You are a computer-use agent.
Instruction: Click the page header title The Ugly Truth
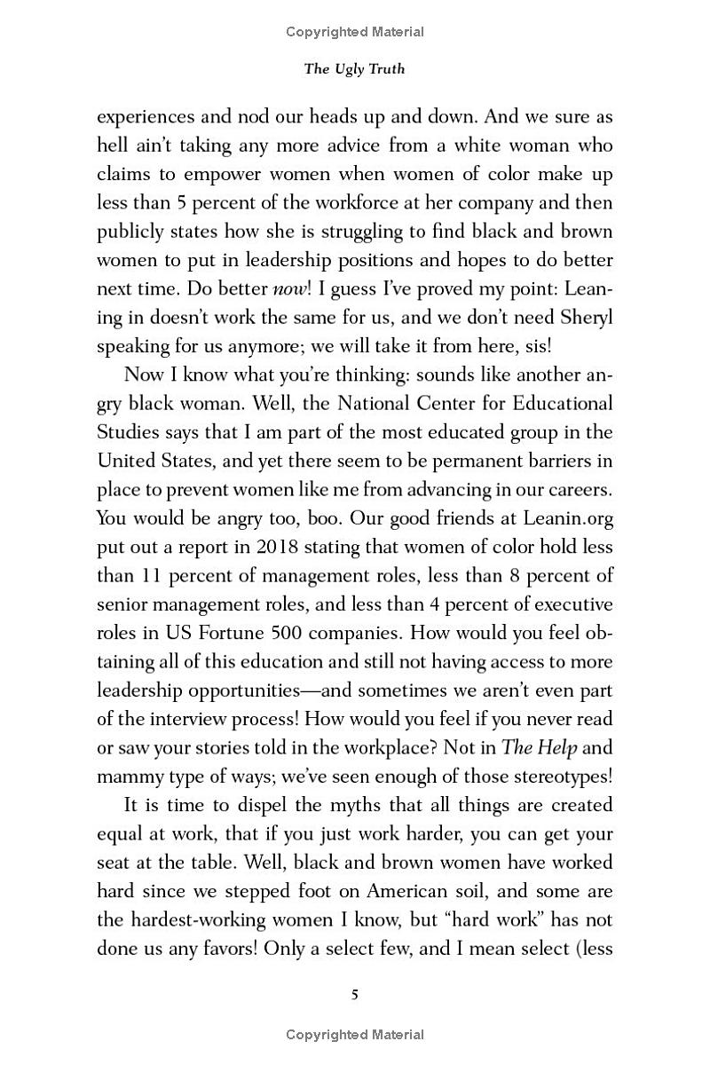(354, 69)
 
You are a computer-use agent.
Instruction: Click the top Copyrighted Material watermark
(355, 32)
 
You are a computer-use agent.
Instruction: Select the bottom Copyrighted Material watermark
(355, 1035)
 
